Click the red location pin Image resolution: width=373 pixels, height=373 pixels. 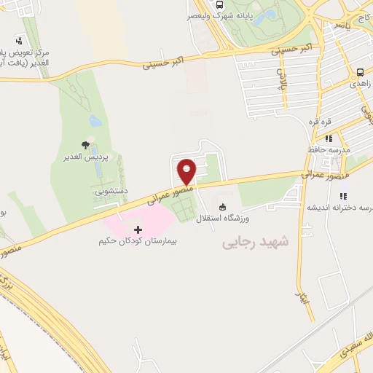pyautogui.click(x=187, y=171)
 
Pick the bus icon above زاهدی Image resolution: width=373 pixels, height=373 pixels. pyautogui.click(x=361, y=73)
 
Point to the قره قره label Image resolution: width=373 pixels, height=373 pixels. pyautogui.click(x=321, y=122)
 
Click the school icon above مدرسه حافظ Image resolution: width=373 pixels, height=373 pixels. pyautogui.click(x=329, y=138)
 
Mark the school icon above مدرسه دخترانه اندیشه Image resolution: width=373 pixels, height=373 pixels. pyautogui.click(x=341, y=195)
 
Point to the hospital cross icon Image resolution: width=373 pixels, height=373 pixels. pyautogui.click(x=138, y=229)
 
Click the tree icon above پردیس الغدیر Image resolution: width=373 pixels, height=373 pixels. pyautogui.click(x=86, y=145)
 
